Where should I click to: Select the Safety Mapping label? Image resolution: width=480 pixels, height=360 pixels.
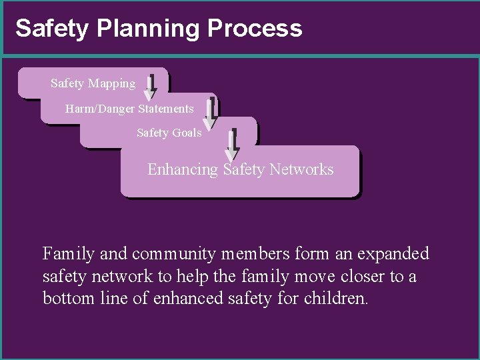point(93,83)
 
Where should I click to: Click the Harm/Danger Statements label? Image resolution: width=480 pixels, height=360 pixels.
point(129,108)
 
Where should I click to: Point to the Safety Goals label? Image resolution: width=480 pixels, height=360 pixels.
point(169,133)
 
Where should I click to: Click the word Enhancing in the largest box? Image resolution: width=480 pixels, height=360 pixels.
point(183,169)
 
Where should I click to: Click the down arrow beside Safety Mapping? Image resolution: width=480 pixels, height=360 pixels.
point(150,87)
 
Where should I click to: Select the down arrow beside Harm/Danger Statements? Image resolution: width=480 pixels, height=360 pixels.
point(210,113)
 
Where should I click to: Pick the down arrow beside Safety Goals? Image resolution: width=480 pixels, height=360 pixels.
point(232,145)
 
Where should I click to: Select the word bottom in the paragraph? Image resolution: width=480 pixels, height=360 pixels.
point(65,298)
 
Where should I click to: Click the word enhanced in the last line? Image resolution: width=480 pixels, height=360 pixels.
point(183,298)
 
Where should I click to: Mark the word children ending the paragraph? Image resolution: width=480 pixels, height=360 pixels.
point(335,298)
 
